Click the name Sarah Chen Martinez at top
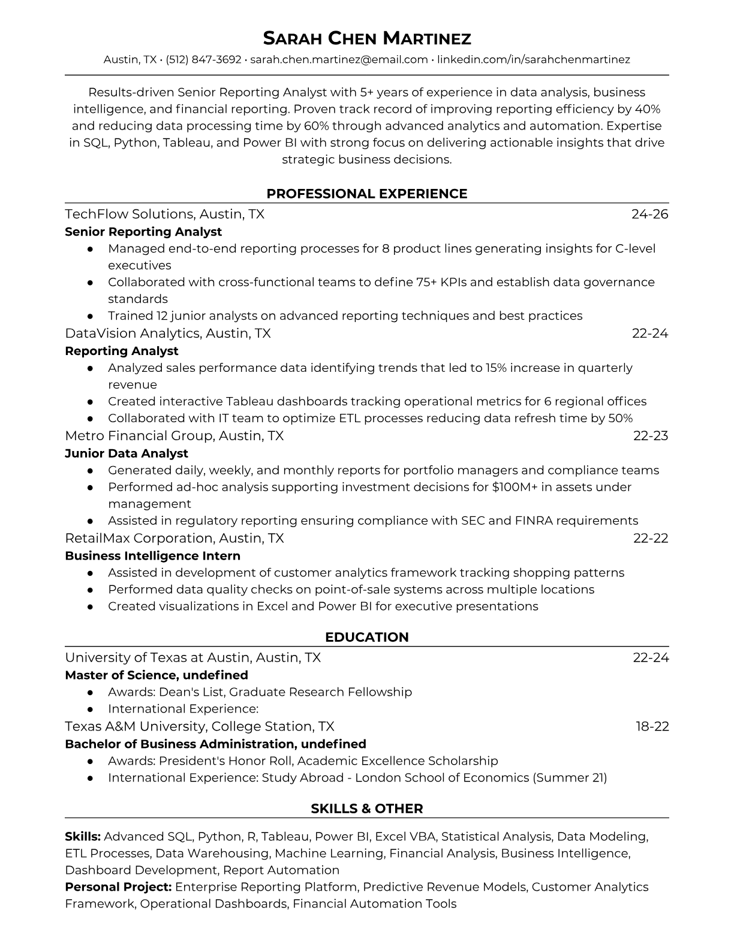pyautogui.click(x=367, y=38)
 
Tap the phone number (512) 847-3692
pyautogui.click(x=203, y=59)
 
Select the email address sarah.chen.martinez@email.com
pyautogui.click(x=339, y=59)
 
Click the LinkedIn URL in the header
pyautogui.click(x=534, y=59)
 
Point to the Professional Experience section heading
pyautogui.click(x=367, y=194)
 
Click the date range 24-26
pyautogui.click(x=650, y=214)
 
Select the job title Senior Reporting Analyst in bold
pyautogui.click(x=143, y=232)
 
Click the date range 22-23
pyautogui.click(x=651, y=435)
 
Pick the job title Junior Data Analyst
pyautogui.click(x=127, y=453)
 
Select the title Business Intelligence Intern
pyautogui.click(x=152, y=556)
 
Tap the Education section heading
pyautogui.click(x=367, y=637)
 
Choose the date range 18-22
pyautogui.click(x=652, y=726)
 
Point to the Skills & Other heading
pyautogui.click(x=367, y=808)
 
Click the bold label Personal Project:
pyautogui.click(x=118, y=886)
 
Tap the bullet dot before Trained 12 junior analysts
pyautogui.click(x=90, y=315)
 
